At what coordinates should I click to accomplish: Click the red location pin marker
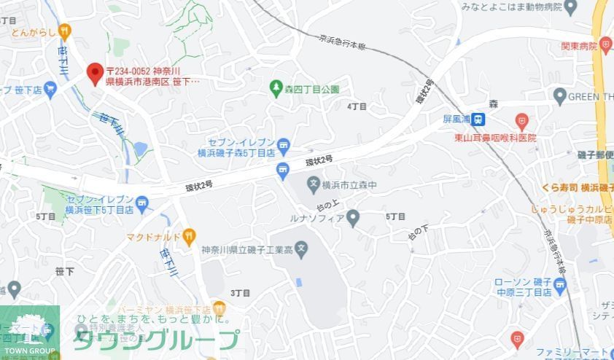(x=94, y=73)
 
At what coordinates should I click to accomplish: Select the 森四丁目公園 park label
(x=312, y=89)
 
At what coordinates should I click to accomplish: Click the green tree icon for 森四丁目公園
(x=276, y=89)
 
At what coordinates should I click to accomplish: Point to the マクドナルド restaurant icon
(x=189, y=235)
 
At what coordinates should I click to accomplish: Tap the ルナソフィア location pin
(x=354, y=216)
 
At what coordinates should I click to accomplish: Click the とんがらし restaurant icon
(x=64, y=31)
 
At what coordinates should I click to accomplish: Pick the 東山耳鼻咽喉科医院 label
(x=496, y=137)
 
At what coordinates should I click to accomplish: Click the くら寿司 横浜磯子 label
(x=576, y=187)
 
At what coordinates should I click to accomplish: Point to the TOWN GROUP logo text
(x=28, y=351)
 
